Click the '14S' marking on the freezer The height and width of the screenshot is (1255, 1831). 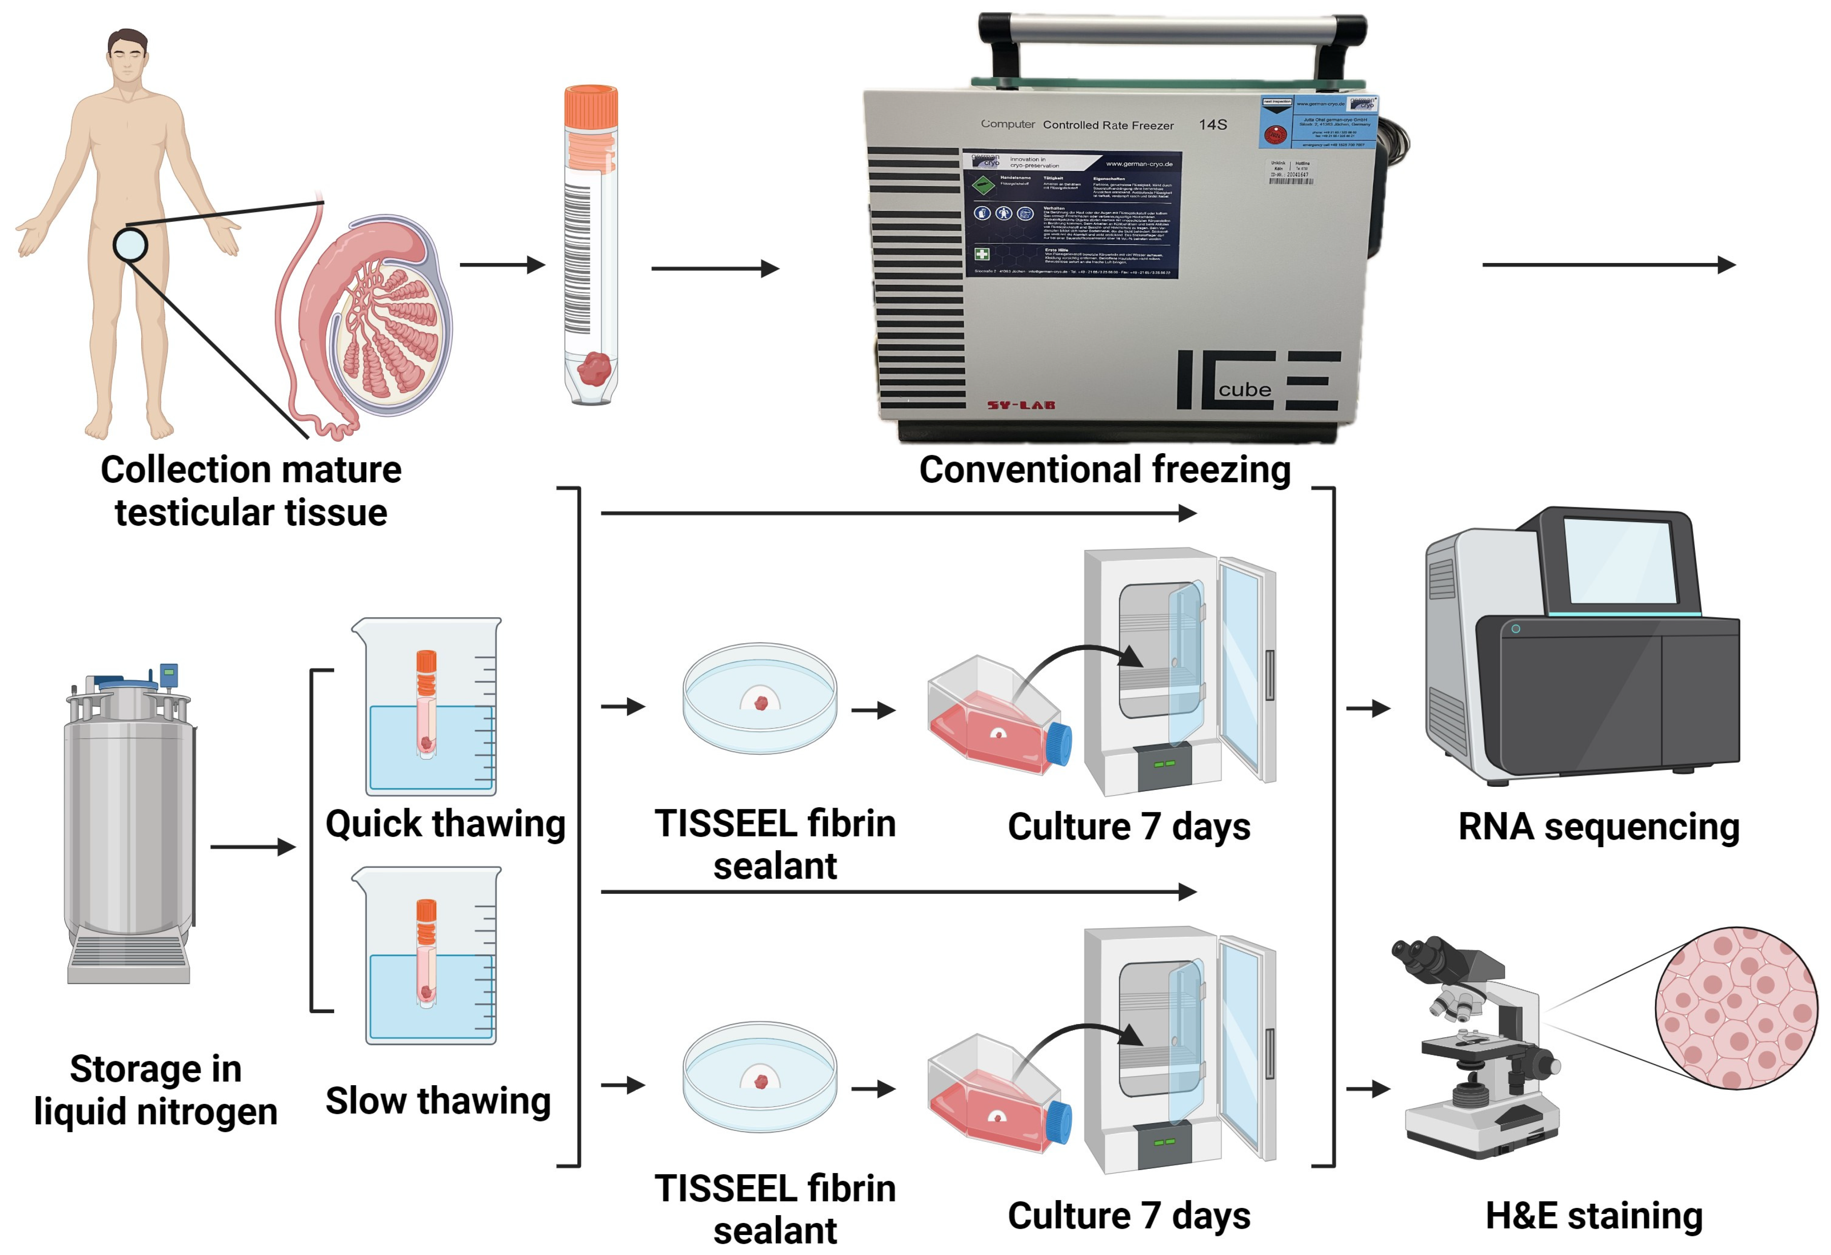click(1212, 124)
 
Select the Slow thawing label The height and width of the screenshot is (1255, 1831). click(438, 1101)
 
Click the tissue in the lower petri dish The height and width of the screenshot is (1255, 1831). click(761, 1081)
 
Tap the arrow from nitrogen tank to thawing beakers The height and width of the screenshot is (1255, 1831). click(252, 847)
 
